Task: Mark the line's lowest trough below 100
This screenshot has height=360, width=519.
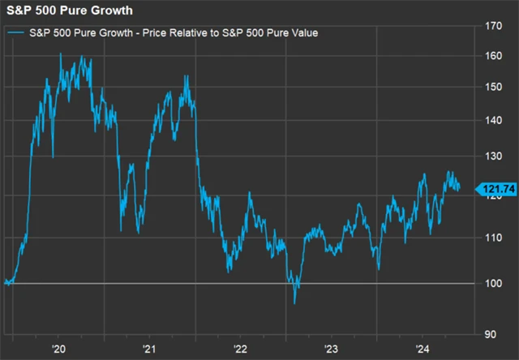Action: pos(294,303)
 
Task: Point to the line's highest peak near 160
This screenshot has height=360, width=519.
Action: pos(61,54)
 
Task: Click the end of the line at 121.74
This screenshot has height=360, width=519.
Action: pos(460,189)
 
